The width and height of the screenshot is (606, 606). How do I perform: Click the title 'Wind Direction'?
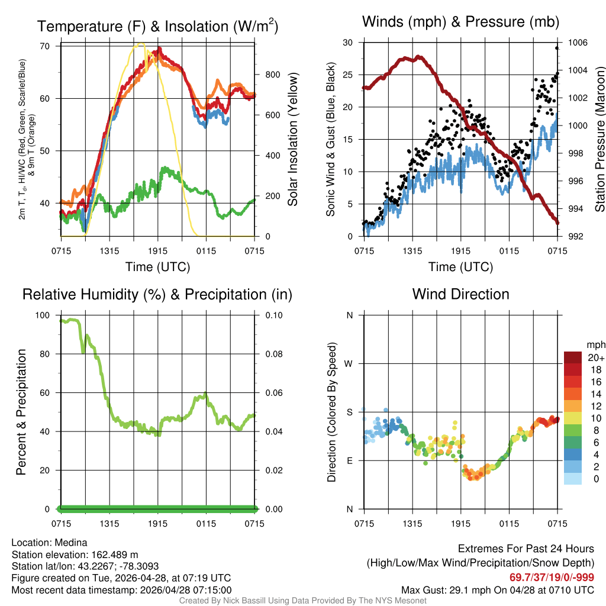point(460,294)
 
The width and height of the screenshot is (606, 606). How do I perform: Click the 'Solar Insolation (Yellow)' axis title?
point(292,140)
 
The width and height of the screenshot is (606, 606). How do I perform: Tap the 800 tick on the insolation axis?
point(273,75)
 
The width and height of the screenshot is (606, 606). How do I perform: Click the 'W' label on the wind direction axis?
point(349,363)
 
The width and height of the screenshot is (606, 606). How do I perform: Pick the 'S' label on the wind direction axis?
point(349,412)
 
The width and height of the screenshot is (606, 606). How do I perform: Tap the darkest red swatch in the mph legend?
point(573,357)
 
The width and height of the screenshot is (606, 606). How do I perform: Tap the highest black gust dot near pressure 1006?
point(557,48)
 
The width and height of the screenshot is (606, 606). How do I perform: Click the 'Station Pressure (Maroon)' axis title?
point(599,140)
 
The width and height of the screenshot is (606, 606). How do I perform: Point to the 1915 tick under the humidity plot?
point(158,523)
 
